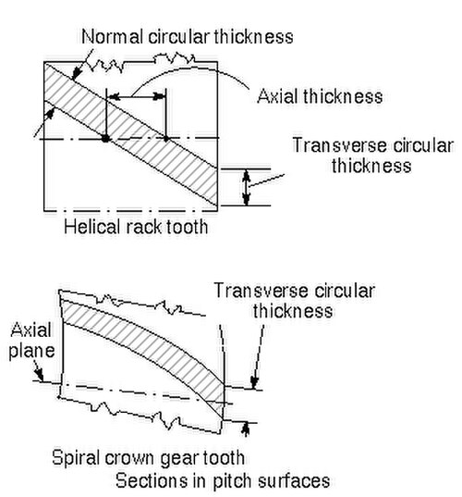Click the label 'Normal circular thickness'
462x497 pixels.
pos(188,37)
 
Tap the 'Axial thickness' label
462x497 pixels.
pos(320,96)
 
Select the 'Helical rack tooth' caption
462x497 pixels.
pos(136,227)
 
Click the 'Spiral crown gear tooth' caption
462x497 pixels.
pos(148,458)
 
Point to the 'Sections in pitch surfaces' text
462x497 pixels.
pos(223,481)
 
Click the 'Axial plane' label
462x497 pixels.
pos(31,341)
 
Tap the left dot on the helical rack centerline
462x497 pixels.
pos(105,138)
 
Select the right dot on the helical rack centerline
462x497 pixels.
pos(165,138)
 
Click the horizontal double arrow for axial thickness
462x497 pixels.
pos(136,96)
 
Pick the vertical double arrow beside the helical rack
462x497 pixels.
pos(247,187)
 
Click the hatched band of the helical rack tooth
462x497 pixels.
pos(130,134)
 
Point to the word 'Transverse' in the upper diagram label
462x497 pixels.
pos(339,146)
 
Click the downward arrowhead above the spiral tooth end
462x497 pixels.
pos(254,382)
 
